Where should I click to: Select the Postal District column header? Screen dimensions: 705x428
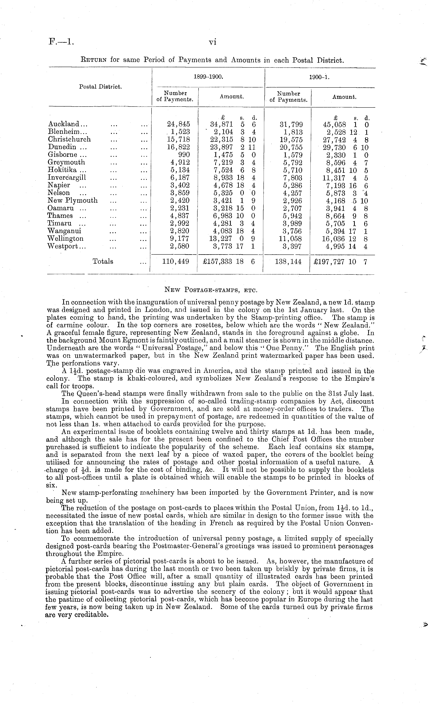(x=100, y=86)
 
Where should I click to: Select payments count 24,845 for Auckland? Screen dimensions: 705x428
(x=178, y=124)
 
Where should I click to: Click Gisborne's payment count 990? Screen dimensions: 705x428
(x=184, y=155)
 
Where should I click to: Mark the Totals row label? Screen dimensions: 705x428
(x=103, y=261)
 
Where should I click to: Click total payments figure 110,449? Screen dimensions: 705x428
(x=176, y=261)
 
